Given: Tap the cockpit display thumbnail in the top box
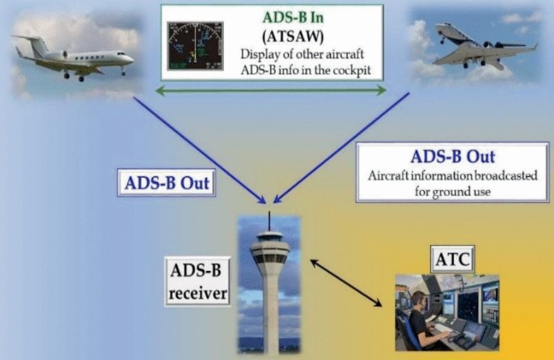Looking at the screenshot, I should point(194,46).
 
